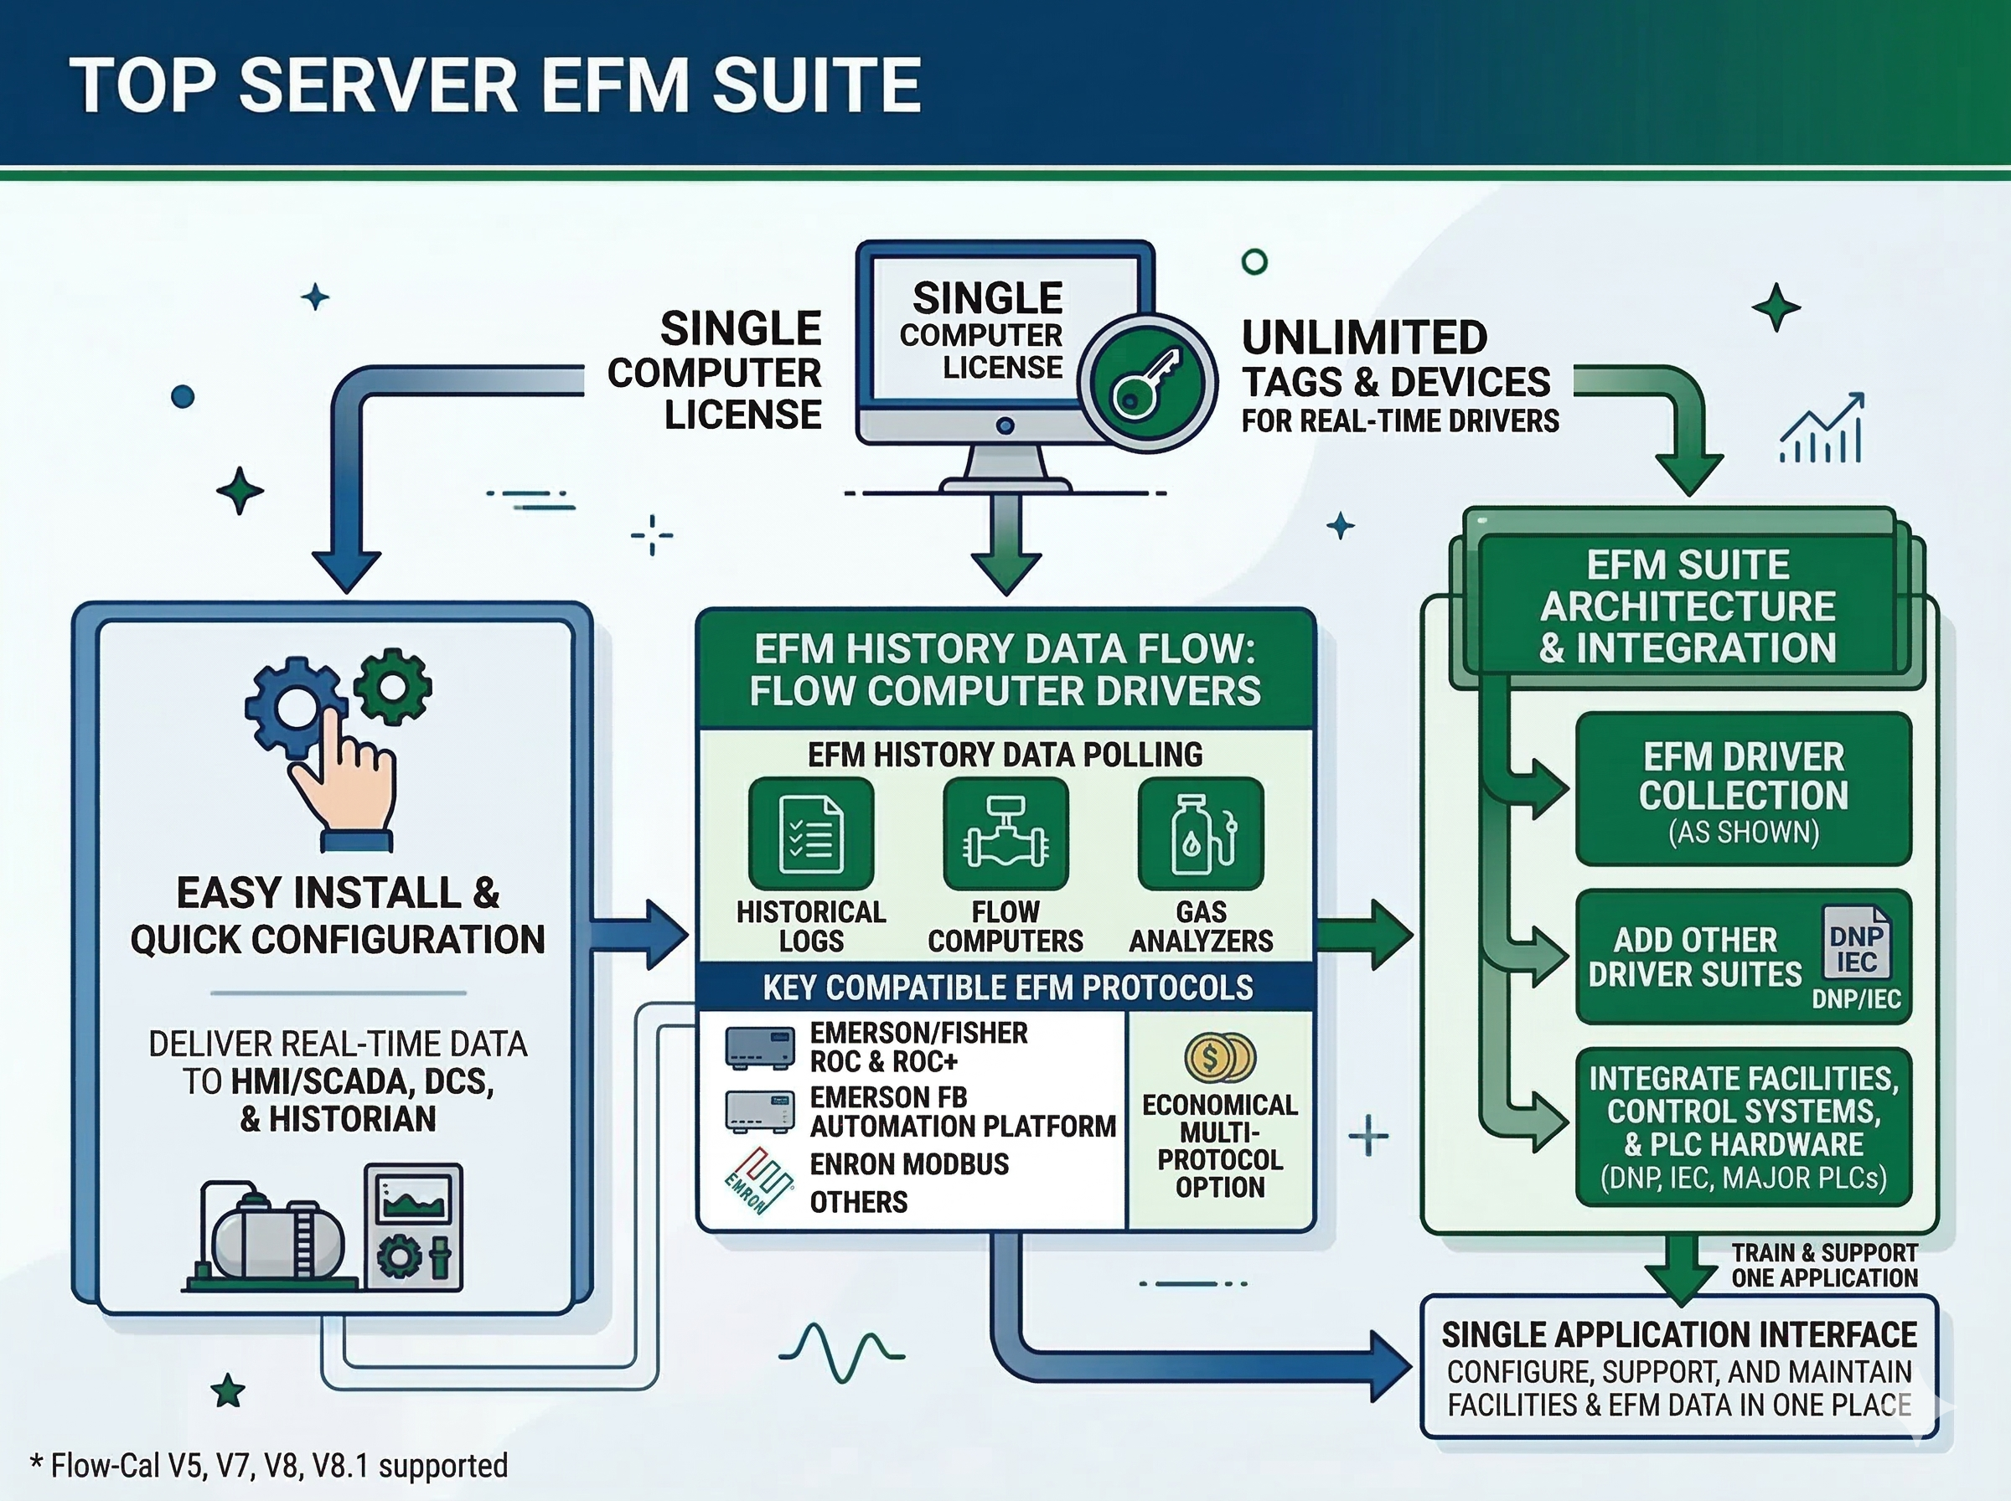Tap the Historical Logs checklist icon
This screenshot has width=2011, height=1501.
pos(810,833)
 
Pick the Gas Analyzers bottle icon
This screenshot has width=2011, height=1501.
pos(1201,833)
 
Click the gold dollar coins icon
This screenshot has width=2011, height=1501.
pos(1219,1058)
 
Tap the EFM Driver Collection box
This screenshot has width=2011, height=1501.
pos(1743,790)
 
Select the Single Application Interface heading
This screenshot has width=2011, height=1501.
pos(1678,1334)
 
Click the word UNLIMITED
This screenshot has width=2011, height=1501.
pos(1364,338)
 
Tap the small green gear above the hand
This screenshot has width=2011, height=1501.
pos(393,686)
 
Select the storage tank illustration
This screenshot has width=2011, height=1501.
pos(272,1236)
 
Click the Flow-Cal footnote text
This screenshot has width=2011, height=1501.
pos(269,1466)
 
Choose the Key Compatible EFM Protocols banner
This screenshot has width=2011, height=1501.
pos(1007,988)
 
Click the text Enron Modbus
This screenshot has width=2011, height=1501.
pos(909,1164)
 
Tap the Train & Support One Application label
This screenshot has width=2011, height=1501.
pos(1824,1266)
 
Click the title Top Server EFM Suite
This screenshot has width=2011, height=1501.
pos(495,85)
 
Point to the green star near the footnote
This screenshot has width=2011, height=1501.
pos(227,1391)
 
